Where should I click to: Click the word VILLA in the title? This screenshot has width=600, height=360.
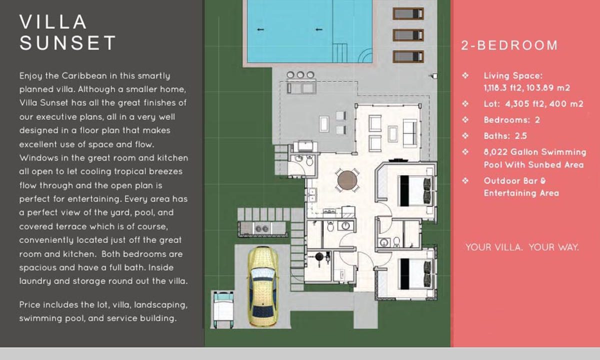[x=53, y=21]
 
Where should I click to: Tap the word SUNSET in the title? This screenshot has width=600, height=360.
[x=68, y=43]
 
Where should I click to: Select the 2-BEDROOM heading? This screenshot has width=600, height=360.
[x=509, y=45]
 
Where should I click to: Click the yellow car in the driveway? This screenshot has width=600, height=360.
[x=263, y=286]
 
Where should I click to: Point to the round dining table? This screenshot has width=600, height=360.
[x=347, y=180]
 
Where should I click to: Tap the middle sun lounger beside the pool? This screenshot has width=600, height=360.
[x=408, y=35]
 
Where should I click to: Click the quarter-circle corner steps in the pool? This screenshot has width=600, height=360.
[x=365, y=55]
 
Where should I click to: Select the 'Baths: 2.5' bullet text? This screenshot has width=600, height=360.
[x=505, y=136]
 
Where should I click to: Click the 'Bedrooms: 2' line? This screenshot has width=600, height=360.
[x=511, y=120]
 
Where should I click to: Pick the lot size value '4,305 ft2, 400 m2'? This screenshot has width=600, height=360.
[x=544, y=104]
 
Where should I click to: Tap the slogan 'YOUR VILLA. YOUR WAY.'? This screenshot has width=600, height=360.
[x=522, y=247]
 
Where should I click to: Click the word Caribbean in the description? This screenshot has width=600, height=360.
[x=84, y=76]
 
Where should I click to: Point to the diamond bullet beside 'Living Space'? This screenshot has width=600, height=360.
[x=465, y=75]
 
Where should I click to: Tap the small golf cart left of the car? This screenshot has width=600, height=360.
[x=223, y=309]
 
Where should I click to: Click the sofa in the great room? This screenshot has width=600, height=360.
[x=410, y=133]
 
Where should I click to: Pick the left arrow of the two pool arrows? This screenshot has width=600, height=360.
[x=260, y=29]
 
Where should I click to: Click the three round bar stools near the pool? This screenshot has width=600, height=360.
[x=300, y=74]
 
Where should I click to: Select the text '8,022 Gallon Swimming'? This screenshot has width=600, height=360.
[x=535, y=152]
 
